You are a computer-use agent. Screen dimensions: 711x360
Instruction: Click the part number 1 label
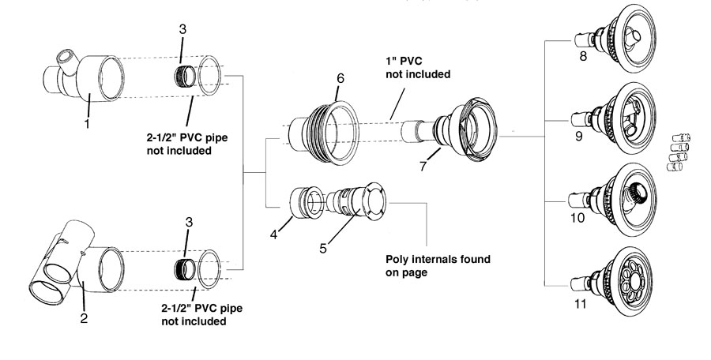point(87,122)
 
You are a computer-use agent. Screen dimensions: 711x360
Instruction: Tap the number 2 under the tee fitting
point(84,318)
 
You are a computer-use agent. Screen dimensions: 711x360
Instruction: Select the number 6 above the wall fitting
point(340,78)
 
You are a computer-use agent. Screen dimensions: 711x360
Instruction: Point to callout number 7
point(423,167)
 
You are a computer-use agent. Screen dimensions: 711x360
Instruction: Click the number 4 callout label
point(273,234)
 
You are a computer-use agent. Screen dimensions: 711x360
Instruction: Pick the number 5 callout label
point(323,249)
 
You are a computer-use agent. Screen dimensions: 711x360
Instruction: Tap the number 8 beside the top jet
point(583,57)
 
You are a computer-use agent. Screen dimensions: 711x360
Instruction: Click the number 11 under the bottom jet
point(581,303)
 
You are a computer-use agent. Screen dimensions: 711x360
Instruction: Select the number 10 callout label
point(577,218)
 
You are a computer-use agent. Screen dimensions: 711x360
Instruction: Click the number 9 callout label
point(578,136)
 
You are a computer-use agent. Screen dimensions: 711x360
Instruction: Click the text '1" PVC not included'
point(418,67)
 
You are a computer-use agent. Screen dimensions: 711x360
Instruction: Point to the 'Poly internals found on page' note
point(438,266)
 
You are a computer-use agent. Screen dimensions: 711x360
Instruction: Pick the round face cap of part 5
point(374,202)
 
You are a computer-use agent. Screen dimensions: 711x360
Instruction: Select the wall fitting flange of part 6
point(341,133)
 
